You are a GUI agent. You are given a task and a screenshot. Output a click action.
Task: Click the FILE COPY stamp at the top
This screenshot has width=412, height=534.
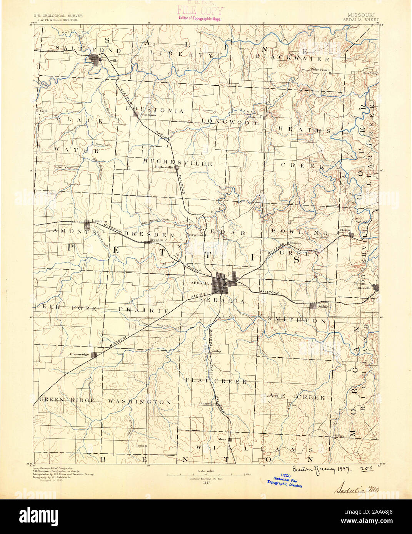coord(199,11)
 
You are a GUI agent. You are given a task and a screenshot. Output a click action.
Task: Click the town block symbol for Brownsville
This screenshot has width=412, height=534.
coord(95,59)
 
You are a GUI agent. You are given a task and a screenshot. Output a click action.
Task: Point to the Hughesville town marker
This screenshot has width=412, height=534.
coord(177,167)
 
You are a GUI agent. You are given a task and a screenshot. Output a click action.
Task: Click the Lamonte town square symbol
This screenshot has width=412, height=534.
coord(87,222)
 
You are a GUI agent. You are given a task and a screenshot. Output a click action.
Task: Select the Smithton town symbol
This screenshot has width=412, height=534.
coord(313,306)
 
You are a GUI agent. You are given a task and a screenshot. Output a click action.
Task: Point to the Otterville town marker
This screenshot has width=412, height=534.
coord(377,288)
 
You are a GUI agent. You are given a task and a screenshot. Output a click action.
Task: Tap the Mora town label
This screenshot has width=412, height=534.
coord(222,439)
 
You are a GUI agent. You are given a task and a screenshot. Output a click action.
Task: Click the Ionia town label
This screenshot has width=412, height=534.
coord(140,446)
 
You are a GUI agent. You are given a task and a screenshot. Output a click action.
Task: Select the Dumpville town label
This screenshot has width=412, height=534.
coord(207,403)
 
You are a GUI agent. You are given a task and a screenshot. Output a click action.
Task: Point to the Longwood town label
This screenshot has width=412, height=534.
coord(253,117)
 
